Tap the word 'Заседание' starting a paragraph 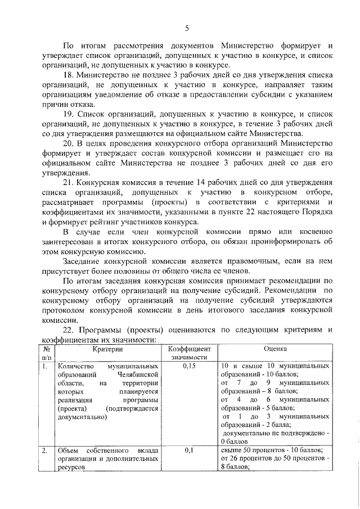(x=83, y=262)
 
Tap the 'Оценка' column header (x=276, y=349)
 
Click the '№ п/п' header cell (x=46, y=353)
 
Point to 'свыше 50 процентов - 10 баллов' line (x=271, y=451)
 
